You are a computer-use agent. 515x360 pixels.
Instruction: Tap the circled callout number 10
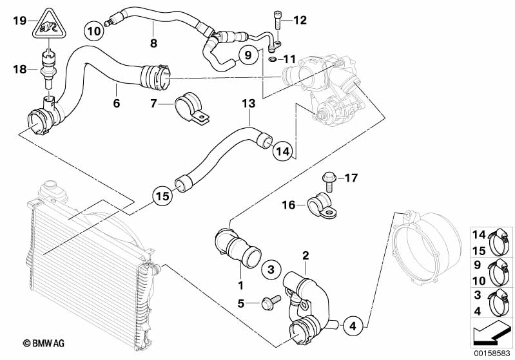point(94,30)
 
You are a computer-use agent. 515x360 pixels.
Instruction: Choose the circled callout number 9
point(247,56)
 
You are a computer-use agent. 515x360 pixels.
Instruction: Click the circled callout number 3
point(271,269)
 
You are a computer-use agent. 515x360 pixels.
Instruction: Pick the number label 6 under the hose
point(116,102)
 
